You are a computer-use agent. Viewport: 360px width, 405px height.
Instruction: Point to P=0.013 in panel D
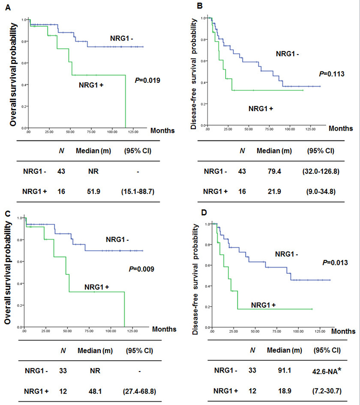click(x=337, y=263)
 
